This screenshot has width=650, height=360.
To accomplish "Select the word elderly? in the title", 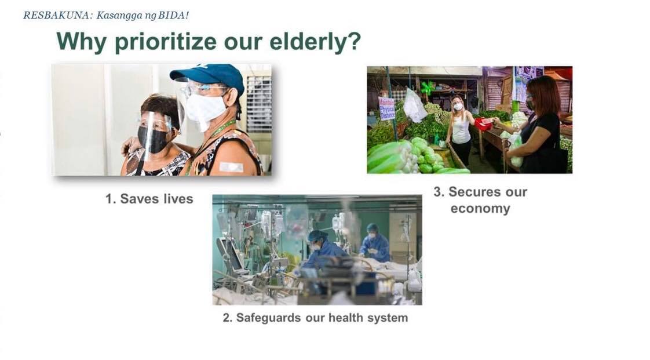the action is [x=315, y=42].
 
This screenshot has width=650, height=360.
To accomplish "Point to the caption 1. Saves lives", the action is [x=149, y=199].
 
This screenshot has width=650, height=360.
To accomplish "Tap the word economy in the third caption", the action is [x=480, y=208].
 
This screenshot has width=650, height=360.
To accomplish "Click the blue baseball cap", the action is [x=209, y=77].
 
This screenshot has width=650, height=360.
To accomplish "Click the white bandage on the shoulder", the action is [x=231, y=167].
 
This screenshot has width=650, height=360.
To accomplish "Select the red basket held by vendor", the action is [x=483, y=123].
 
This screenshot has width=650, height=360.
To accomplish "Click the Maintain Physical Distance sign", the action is [x=387, y=108].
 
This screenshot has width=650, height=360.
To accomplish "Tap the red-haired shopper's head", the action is [x=543, y=96].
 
